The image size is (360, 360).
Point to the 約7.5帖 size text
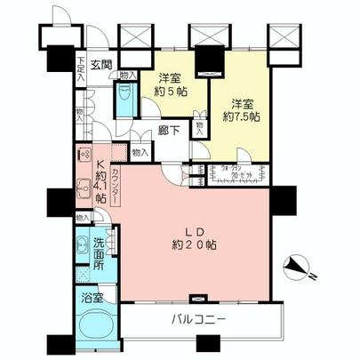[x=239, y=116]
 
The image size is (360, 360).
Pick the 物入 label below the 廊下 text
[x=139, y=153]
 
